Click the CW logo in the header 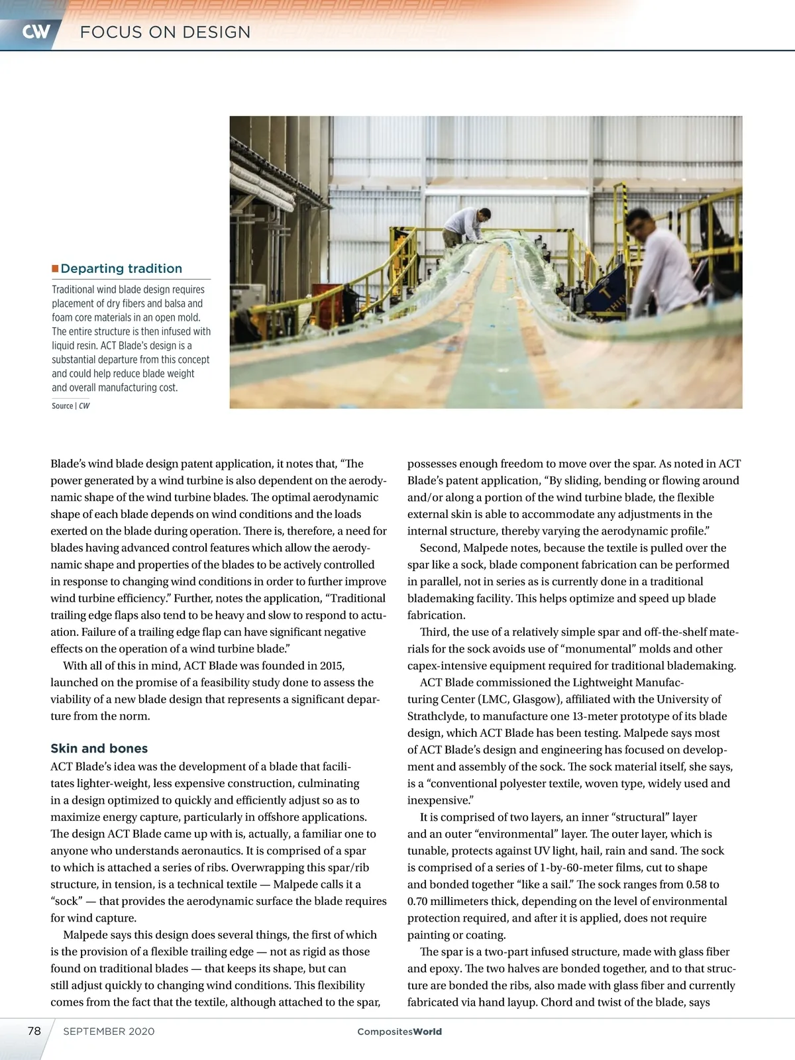click(36, 32)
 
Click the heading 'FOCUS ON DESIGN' click(165, 32)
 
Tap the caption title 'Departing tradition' click(121, 268)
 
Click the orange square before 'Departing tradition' click(56, 268)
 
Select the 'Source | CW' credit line click(71, 406)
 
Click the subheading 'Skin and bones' click(99, 749)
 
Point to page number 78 click(34, 1031)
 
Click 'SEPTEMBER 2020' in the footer click(109, 1032)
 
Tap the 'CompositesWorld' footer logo click(399, 1032)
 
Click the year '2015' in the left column click(331, 666)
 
